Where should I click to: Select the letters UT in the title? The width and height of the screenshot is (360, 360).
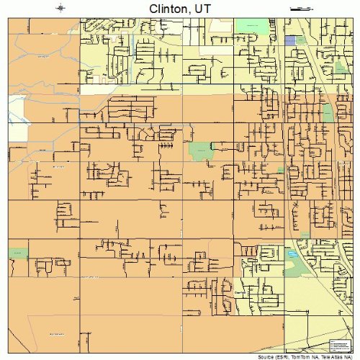[x=202, y=8]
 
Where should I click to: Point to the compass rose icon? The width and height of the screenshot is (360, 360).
[x=60, y=8]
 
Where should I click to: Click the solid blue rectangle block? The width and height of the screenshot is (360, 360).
[x=290, y=41]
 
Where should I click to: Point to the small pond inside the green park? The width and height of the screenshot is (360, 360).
[x=292, y=254]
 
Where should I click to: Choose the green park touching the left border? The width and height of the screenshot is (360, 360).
[x=17, y=254]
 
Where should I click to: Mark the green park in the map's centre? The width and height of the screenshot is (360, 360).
[x=199, y=151]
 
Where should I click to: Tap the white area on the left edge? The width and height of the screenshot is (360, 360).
[x=16, y=108]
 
